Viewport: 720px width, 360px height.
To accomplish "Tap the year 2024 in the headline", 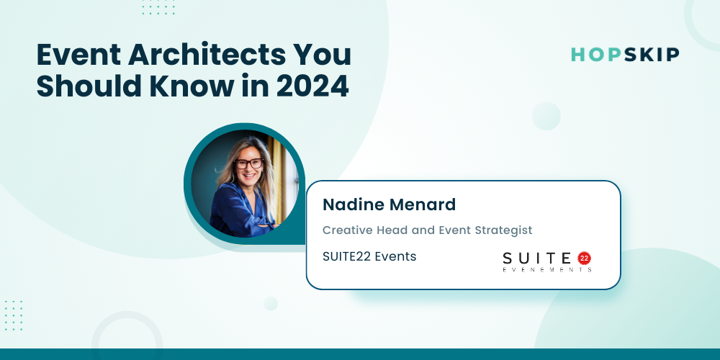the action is coord(312,86).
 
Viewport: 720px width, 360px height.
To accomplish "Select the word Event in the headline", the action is coord(77,55).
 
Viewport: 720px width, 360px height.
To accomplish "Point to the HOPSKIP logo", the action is coord(625,55).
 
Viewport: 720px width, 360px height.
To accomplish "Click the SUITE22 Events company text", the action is coord(369,257).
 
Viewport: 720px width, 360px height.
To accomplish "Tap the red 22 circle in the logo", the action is coord(584,258).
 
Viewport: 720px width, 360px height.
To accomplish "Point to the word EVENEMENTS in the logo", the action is coord(547,269).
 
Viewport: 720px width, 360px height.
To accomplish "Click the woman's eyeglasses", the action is coord(248,163).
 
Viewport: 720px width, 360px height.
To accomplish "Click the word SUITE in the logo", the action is coord(537,258).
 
